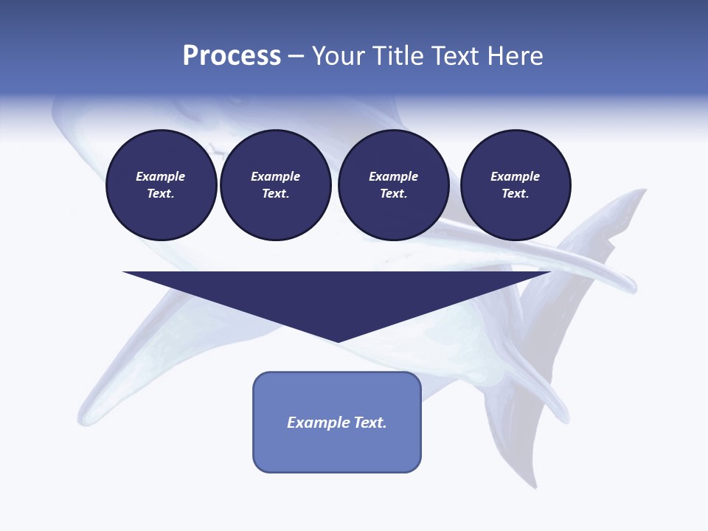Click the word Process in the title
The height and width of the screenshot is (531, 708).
coord(232,56)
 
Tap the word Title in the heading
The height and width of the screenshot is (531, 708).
coord(395,56)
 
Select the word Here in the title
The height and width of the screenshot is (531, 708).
coord(515,56)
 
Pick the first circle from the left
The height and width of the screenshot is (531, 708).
coord(161,185)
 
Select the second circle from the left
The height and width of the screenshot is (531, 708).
coord(275,185)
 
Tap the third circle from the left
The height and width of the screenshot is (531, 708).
coord(393,185)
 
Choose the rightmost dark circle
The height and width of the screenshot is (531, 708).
coord(516,185)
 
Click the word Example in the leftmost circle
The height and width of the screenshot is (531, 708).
coord(161,177)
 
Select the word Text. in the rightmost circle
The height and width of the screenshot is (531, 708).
coord(516,194)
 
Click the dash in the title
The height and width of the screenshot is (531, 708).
coord(296,56)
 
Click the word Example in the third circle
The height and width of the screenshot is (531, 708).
coord(393,177)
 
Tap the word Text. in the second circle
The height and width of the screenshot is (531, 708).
coord(275,194)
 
